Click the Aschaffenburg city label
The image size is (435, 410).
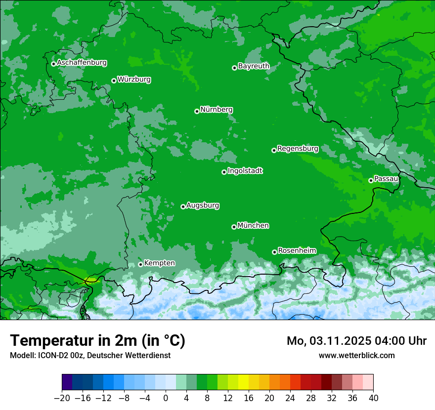(82, 63)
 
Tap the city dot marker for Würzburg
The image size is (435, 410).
(114, 81)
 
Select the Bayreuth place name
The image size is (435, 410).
(254, 66)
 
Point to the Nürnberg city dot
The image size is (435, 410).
(197, 111)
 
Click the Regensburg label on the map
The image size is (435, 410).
(298, 148)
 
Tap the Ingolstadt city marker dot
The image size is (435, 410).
(224, 172)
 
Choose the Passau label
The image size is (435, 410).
(386, 178)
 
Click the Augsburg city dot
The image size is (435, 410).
(183, 206)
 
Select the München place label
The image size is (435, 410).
(253, 225)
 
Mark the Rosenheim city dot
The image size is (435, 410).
(274, 252)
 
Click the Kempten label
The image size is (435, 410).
(159, 263)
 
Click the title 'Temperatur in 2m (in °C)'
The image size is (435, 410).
(97, 340)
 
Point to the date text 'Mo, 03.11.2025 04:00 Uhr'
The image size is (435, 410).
(356, 341)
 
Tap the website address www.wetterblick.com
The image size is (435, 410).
(356, 355)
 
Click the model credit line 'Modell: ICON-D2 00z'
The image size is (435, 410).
(90, 355)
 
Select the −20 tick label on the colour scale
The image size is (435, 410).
(62, 398)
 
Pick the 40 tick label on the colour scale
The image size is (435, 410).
(373, 398)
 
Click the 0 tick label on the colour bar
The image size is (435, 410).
(166, 398)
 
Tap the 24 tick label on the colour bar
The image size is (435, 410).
(290, 398)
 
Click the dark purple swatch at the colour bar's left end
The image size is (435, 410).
(67, 382)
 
